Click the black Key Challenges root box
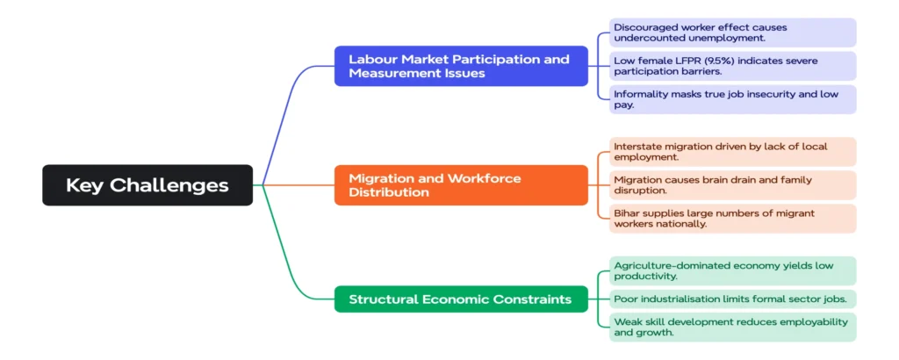tap(147, 185)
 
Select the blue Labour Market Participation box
tap(460, 66)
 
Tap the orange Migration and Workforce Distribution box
tap(460, 185)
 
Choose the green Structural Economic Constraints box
tap(460, 299)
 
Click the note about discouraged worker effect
tap(732, 32)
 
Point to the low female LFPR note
tap(732, 66)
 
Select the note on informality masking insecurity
tap(732, 99)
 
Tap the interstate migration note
tap(732, 152)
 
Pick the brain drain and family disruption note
tap(732, 185)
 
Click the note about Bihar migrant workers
tap(732, 219)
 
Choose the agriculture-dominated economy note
tap(732, 270)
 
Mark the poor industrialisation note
tap(732, 299)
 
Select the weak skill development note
tap(732, 328)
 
